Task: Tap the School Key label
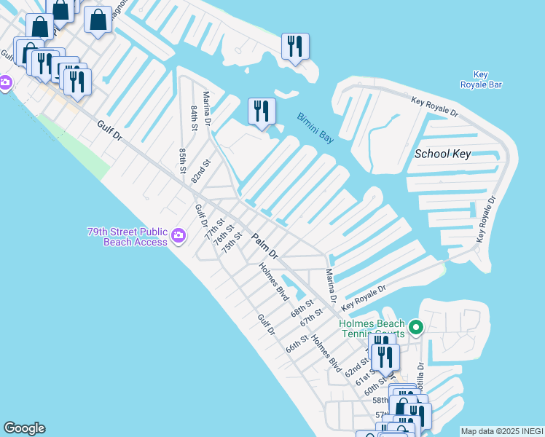[x=442, y=154]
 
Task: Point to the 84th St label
[x=195, y=117]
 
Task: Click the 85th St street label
[x=183, y=161]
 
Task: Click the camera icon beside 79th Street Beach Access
[x=179, y=235]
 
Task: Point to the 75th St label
[x=231, y=241]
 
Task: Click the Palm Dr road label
[x=265, y=246]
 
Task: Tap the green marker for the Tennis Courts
[x=416, y=328]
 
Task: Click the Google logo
[x=24, y=428]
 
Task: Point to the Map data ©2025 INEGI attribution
[x=501, y=431]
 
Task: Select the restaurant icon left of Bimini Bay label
[x=262, y=111]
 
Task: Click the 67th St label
[x=311, y=319]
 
